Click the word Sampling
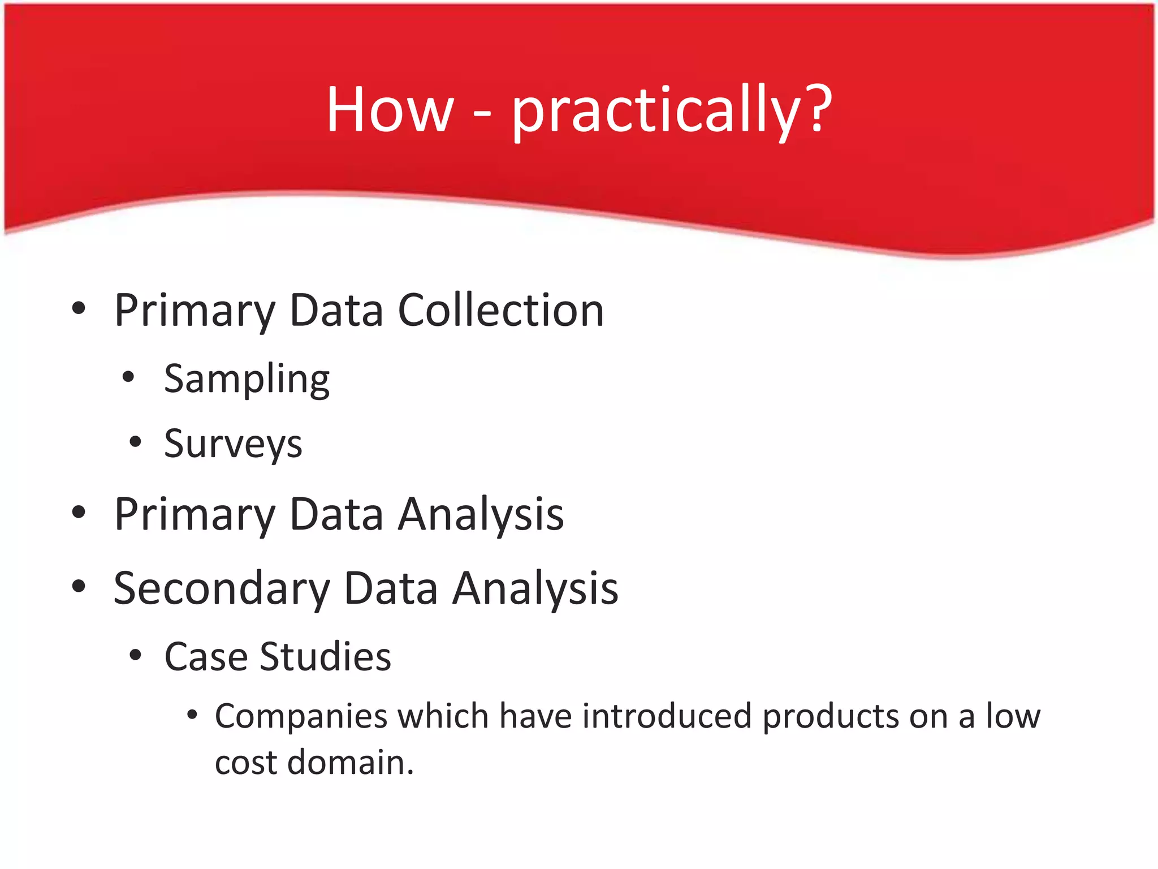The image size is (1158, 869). click(x=247, y=380)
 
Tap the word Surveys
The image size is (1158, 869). click(x=233, y=444)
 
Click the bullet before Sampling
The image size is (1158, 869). click(x=129, y=377)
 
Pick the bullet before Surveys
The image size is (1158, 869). click(x=135, y=442)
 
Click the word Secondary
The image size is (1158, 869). click(x=222, y=588)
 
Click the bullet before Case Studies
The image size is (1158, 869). click(x=135, y=656)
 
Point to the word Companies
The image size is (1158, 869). click(x=301, y=717)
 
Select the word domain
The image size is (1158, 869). click(x=351, y=763)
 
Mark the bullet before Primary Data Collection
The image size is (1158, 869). click(x=79, y=308)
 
